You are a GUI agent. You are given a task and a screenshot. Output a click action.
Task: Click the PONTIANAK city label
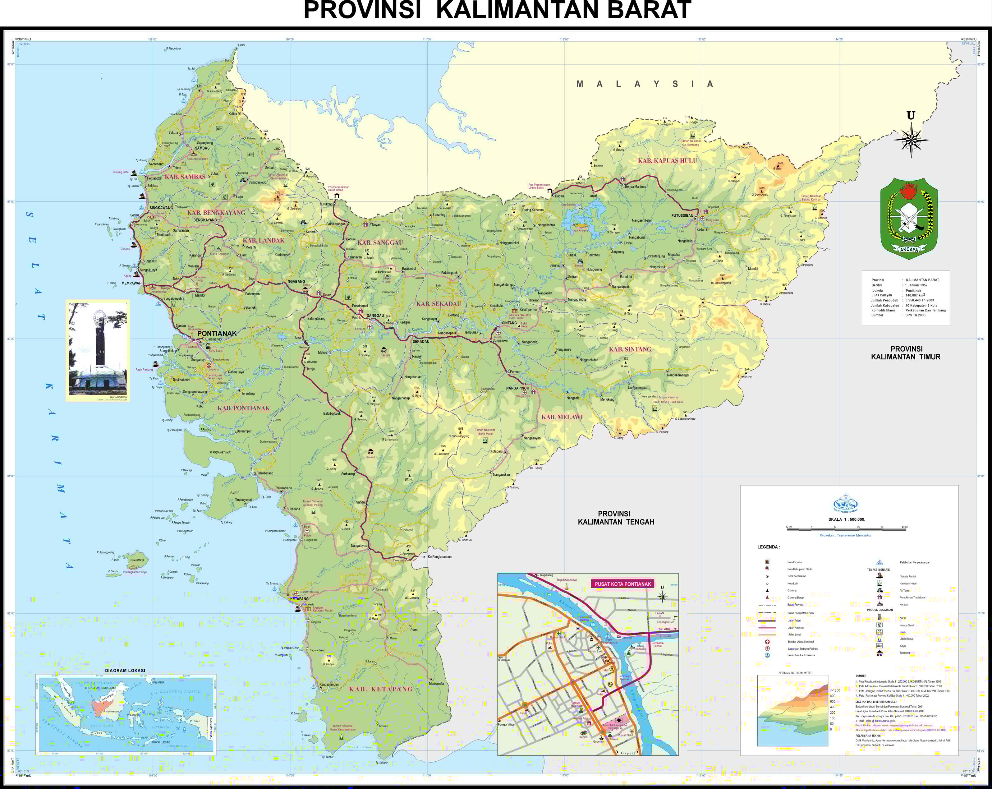(x=217, y=333)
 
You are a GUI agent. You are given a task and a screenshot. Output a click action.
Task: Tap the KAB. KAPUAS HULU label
(x=667, y=161)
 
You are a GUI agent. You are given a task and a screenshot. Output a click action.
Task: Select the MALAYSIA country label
(x=645, y=84)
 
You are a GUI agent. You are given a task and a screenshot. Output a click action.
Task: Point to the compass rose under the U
(x=911, y=140)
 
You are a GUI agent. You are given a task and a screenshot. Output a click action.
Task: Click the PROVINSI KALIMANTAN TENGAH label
(x=616, y=518)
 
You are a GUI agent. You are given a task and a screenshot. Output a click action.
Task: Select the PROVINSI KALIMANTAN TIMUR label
(x=906, y=353)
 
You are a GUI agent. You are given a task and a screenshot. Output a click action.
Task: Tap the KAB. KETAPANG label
(x=380, y=689)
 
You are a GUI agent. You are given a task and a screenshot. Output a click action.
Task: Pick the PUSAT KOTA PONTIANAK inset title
(x=622, y=584)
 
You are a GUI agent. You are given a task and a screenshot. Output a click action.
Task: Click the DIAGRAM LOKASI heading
(x=125, y=670)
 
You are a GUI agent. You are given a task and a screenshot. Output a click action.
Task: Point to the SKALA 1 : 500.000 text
(x=847, y=519)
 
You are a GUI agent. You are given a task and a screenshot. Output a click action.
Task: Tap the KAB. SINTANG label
(x=630, y=349)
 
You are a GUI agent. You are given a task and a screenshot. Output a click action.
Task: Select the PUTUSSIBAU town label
(x=682, y=215)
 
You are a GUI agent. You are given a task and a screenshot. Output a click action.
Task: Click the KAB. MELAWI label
(x=562, y=417)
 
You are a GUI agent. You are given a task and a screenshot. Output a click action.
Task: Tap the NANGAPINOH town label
(x=518, y=388)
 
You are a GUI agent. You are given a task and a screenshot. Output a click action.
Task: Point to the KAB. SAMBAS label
(x=185, y=177)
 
